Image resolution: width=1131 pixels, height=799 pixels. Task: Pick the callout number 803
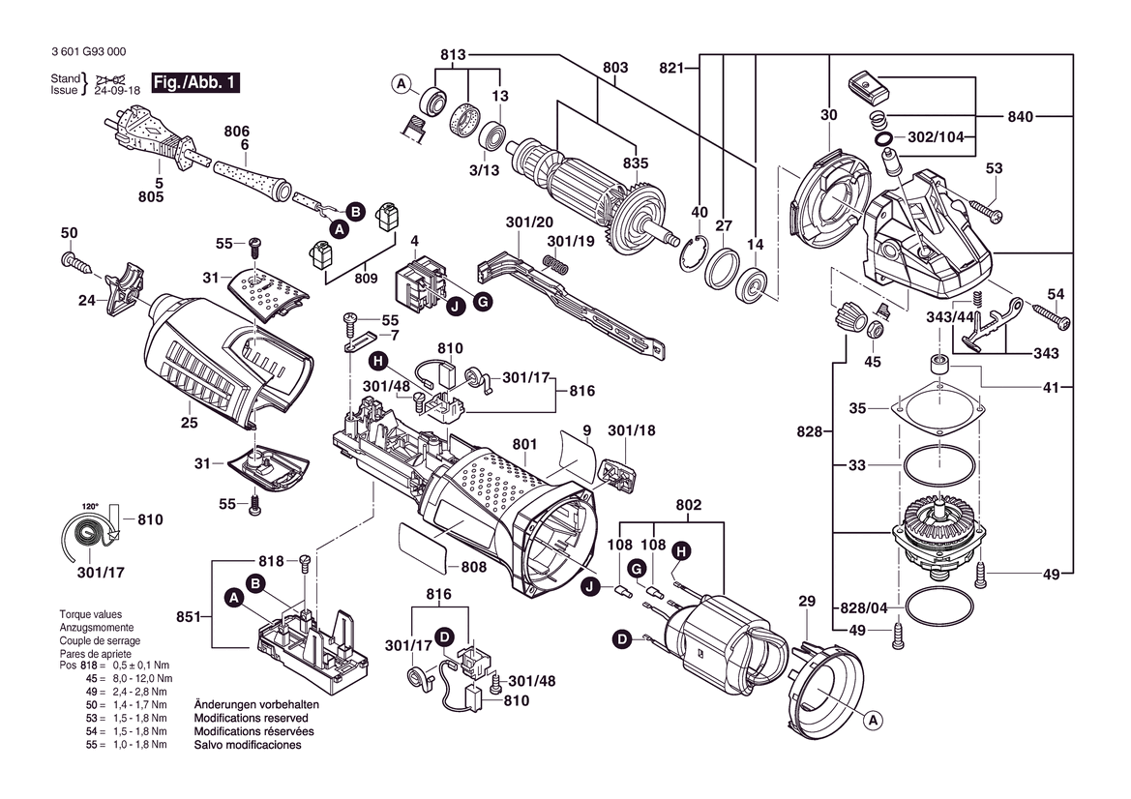[x=615, y=68]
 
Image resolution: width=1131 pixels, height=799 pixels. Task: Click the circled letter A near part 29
[x=872, y=721]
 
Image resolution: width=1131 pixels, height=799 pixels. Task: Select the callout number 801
[x=524, y=445]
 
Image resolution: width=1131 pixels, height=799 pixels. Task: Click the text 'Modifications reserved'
[x=252, y=719]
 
